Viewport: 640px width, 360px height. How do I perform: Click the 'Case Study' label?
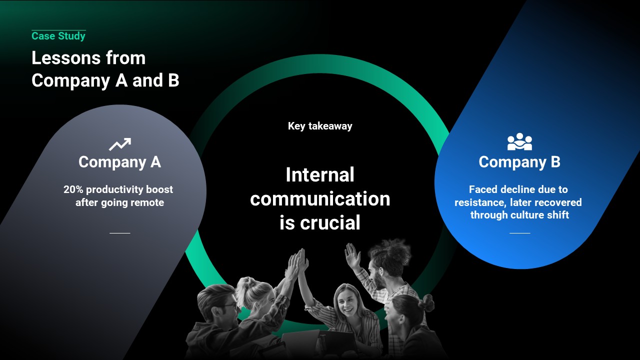coord(58,36)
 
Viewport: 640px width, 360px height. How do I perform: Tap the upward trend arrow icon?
coord(120,144)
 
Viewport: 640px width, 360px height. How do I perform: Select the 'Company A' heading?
coord(119,162)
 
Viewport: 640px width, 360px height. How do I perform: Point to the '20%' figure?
coord(73,189)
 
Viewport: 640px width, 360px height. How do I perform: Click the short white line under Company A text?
coord(119,233)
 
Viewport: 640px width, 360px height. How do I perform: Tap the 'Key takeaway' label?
coord(320,126)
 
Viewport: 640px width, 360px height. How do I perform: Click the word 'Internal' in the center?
coord(320,175)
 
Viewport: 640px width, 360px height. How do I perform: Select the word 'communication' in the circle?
coord(320,199)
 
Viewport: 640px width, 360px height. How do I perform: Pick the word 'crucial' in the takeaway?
coord(330,222)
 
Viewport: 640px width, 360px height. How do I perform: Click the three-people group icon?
coord(519,141)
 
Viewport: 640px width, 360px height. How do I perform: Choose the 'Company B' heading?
coord(519,162)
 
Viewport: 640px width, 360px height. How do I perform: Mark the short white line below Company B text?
coord(519,233)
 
